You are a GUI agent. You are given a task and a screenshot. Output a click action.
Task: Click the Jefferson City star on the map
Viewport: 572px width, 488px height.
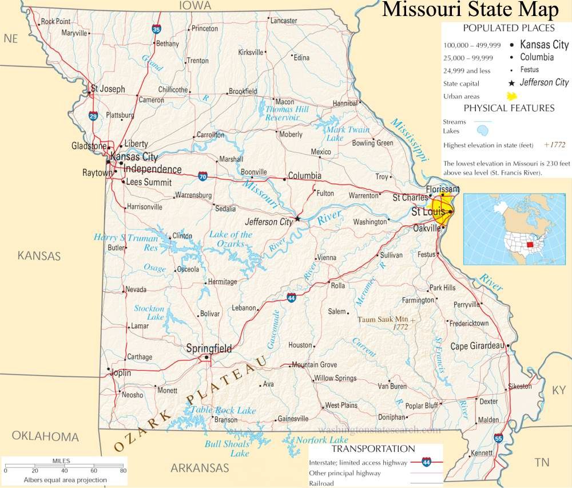pyautogui.click(x=297, y=219)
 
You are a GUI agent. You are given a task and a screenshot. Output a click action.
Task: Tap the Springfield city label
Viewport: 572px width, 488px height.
pyautogui.click(x=209, y=348)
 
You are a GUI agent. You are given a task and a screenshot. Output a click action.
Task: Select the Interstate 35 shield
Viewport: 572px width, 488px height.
pyautogui.click(x=156, y=29)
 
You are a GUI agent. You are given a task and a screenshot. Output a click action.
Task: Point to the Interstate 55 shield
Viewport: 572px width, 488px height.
pyautogui.click(x=498, y=438)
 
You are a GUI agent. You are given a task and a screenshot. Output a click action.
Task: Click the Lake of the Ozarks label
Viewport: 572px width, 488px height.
pyautogui.click(x=231, y=239)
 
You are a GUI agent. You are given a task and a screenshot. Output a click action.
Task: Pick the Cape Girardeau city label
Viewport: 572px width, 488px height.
pyautogui.click(x=476, y=346)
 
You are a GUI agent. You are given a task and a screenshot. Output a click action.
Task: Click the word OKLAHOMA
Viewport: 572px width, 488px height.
pyautogui.click(x=45, y=436)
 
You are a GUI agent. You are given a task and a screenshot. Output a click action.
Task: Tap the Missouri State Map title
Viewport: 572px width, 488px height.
pyautogui.click(x=470, y=10)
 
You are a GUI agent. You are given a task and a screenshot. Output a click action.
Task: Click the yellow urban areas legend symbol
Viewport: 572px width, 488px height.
pyautogui.click(x=513, y=96)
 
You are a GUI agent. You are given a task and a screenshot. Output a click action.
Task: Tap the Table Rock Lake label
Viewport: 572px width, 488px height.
pyautogui.click(x=223, y=410)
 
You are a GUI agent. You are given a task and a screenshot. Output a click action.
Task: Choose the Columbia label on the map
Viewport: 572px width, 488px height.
pyautogui.click(x=304, y=176)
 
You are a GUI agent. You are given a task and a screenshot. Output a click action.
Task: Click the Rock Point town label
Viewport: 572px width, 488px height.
pyautogui.click(x=55, y=21)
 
